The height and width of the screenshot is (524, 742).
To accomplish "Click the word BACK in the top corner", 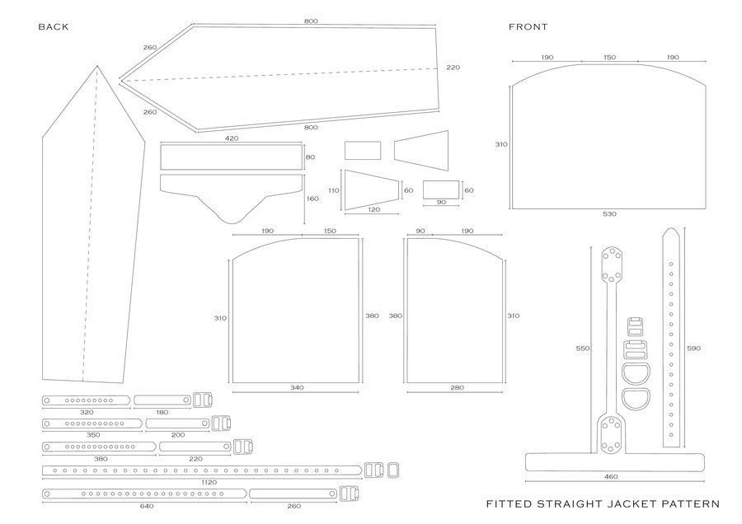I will [53, 26].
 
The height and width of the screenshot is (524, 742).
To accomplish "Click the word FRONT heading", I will [528, 26].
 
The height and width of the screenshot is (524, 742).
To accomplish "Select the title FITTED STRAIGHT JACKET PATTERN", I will [603, 503].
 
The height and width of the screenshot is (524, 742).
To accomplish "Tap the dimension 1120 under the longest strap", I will [208, 482].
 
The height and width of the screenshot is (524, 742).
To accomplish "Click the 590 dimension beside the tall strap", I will [693, 349].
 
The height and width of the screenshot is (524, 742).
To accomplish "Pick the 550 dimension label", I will [583, 349].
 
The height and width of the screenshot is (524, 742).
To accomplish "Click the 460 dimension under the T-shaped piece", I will [610, 477].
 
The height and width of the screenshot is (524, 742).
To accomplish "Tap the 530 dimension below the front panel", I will [609, 214].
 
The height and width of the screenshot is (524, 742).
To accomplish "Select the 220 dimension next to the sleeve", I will [453, 67].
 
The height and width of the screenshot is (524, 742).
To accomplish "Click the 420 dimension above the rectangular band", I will [232, 138].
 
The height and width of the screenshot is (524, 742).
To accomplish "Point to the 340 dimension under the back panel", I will [296, 387].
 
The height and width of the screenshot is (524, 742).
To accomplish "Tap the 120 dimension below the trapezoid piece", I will [373, 210].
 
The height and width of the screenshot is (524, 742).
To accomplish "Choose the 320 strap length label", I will [86, 411].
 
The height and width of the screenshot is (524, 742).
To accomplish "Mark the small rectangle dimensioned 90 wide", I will [440, 189].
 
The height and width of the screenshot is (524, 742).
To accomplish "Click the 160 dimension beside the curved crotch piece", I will [312, 199].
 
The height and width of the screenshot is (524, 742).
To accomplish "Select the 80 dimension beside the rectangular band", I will [310, 157].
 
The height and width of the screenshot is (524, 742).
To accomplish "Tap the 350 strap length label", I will [92, 434].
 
